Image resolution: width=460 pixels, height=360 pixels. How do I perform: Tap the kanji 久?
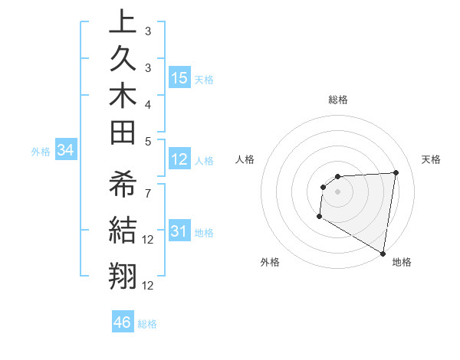click(123, 61)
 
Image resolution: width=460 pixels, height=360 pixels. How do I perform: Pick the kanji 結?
click(123, 231)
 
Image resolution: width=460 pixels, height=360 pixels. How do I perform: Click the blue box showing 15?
click(179, 78)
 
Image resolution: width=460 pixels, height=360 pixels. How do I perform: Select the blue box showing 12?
click(179, 159)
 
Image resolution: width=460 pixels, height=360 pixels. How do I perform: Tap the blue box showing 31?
click(179, 231)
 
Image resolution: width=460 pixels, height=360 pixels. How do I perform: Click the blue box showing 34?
click(66, 151)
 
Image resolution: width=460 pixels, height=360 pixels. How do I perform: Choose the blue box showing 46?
click(123, 322)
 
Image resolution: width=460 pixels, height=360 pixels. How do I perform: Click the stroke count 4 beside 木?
click(147, 103)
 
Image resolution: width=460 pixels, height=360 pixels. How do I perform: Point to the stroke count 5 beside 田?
click(147, 141)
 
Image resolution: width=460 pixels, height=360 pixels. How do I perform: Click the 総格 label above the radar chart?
click(338, 100)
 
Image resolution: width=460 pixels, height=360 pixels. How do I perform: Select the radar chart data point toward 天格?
click(396, 172)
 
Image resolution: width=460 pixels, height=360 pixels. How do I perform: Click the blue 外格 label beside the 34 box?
click(41, 152)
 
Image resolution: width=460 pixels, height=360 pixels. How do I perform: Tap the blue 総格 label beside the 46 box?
click(147, 324)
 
